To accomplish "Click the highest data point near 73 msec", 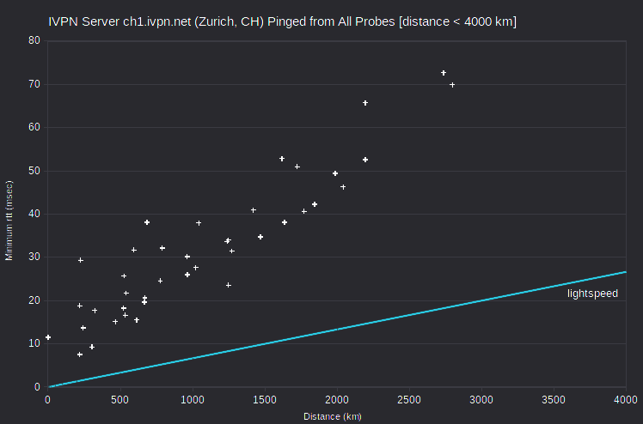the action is [x=444, y=73].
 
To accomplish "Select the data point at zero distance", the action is [x=48, y=337].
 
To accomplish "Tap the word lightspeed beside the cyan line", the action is [x=592, y=294].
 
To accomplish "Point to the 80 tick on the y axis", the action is [x=34, y=40].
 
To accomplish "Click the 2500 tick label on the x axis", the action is [x=409, y=400].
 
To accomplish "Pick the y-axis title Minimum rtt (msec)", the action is [x=9, y=221].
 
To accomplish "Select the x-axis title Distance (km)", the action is [x=333, y=416].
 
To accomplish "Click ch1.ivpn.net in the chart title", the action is [x=157, y=21].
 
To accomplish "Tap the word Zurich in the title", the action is [x=216, y=21].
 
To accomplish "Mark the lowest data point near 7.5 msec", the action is [x=80, y=354].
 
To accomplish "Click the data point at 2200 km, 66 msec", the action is [x=365, y=103].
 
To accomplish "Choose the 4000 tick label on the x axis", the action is [x=626, y=400].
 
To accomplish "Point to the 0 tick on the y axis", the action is [x=38, y=387].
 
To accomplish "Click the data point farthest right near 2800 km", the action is [x=452, y=85].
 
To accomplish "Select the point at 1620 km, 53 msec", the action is [x=282, y=159].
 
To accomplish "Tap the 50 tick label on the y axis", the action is [x=34, y=171].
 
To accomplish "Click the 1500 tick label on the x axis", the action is [x=265, y=400].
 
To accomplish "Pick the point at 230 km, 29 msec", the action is [x=81, y=260].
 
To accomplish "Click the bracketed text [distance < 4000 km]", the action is [x=457, y=21].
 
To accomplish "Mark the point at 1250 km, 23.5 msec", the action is [x=229, y=285].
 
